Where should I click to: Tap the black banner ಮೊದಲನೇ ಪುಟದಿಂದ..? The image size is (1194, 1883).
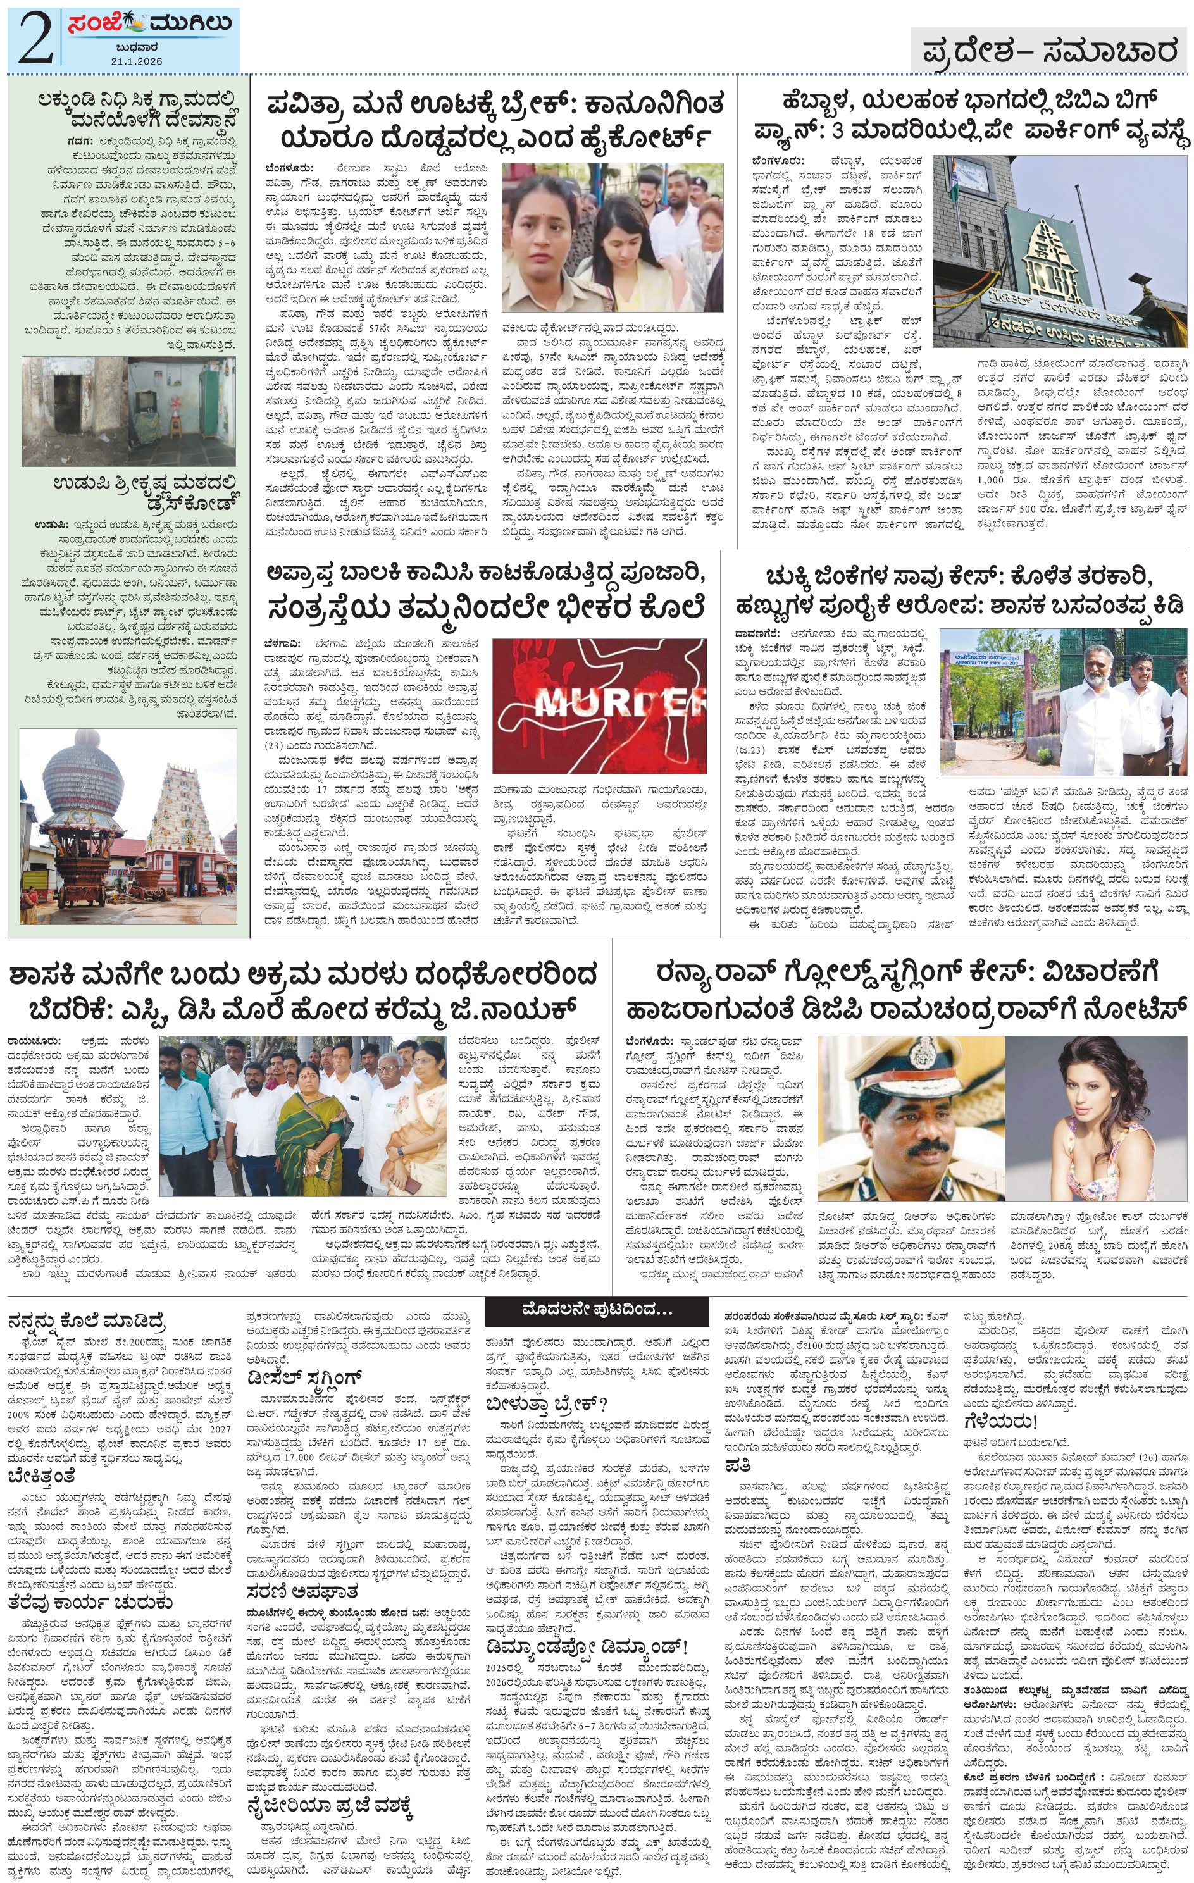[x=597, y=1309]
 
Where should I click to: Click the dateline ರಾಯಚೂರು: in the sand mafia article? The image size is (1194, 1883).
[x=34, y=1041]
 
